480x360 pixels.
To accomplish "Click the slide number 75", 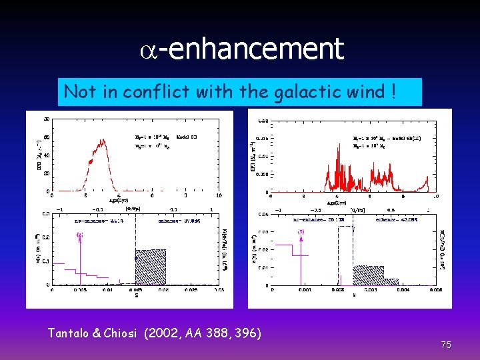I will point(446,345).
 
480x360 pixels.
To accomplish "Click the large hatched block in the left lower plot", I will point(150,267).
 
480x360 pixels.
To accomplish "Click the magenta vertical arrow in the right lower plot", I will point(301,257).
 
